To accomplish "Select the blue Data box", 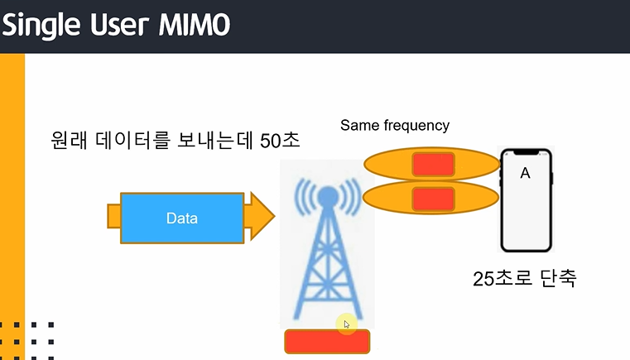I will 181,218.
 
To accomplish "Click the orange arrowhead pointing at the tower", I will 260,217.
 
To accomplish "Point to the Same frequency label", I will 394,126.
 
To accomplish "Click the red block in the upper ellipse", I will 433,164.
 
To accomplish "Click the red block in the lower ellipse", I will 433,199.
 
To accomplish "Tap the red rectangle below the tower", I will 326,341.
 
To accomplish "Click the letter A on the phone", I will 524,173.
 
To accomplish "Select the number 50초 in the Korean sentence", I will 280,141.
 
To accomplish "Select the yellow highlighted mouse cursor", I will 345,324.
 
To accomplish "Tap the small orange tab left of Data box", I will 113,217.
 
